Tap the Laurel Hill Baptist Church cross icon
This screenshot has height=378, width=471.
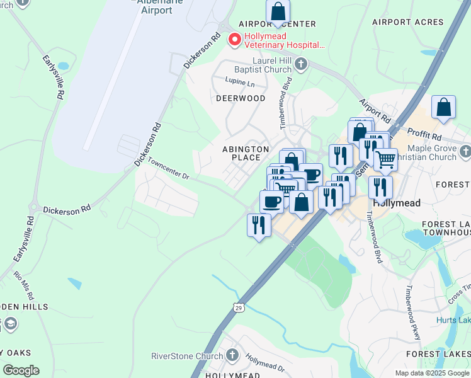click(302, 64)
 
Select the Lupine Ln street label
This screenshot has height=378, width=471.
click(241, 83)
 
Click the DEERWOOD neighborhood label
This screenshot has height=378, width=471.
click(241, 98)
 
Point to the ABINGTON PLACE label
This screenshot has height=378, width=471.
click(246, 153)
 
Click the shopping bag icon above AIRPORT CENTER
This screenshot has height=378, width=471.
click(278, 11)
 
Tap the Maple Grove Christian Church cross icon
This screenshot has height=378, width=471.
click(465, 152)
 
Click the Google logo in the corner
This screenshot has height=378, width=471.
click(21, 370)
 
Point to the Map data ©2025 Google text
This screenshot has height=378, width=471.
click(431, 373)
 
